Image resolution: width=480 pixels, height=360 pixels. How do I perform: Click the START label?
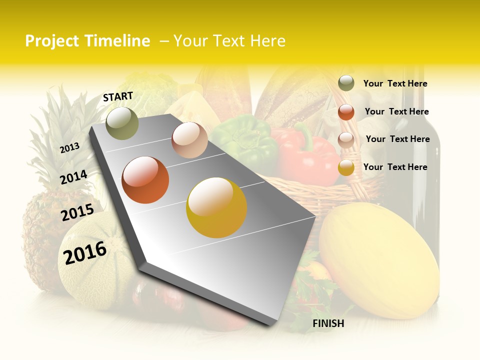118,96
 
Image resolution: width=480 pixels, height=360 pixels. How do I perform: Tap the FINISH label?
328,323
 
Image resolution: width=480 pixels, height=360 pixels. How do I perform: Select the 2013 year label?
69,147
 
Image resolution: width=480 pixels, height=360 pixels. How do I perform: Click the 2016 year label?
85,252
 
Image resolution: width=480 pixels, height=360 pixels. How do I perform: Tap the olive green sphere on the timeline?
122,123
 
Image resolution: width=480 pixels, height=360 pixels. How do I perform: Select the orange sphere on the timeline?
145,180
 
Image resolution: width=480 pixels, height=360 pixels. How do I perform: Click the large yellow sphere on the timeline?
216,207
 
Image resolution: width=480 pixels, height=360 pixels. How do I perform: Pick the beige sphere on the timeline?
189,140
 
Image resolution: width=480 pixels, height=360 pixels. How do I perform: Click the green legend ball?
346,83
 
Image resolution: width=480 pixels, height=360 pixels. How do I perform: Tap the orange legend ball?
346,112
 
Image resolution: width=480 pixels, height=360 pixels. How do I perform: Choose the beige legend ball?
346,139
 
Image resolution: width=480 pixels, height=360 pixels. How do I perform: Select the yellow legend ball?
346,167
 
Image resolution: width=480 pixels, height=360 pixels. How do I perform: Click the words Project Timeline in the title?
87,41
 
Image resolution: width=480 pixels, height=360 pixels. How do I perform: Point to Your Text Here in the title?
229,41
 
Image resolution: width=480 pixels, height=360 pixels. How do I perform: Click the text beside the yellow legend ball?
395,167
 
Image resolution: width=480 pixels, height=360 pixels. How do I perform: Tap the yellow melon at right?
379,260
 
